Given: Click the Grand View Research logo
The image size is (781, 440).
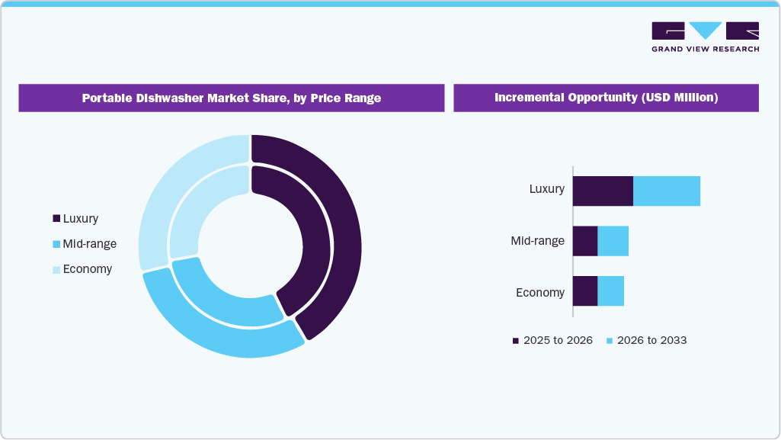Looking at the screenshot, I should pos(705,37).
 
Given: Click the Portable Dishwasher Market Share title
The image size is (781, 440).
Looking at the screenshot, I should pos(232,98).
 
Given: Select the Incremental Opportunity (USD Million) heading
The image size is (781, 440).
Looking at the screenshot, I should pos(606,98).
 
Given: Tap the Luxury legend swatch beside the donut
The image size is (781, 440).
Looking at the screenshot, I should pos(56,219).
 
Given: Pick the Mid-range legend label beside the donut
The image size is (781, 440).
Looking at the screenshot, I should pos(90,244).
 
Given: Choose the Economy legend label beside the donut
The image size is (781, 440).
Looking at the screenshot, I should pos(88,269).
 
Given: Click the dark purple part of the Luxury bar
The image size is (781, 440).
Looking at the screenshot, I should pos(602,191).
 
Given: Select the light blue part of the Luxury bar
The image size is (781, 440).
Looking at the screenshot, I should pos(666,191).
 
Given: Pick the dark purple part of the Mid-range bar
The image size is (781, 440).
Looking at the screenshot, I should pos(584,241).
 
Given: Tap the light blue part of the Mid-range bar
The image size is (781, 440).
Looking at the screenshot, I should pos(613,241).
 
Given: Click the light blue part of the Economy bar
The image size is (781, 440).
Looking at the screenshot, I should pos(610,291).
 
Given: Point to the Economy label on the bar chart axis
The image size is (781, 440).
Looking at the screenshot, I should pos(540,292).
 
